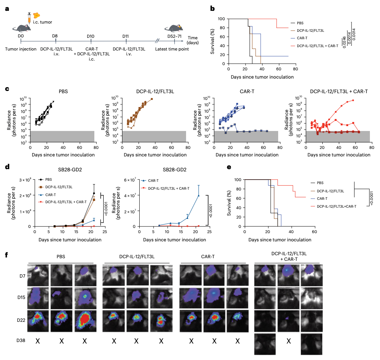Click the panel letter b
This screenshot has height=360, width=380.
[212, 8]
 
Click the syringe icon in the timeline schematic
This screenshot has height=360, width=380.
[28, 17]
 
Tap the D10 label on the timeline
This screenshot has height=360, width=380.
[91, 36]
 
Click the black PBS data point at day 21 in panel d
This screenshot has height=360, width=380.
[94, 193]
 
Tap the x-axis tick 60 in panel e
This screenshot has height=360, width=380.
[314, 232]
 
